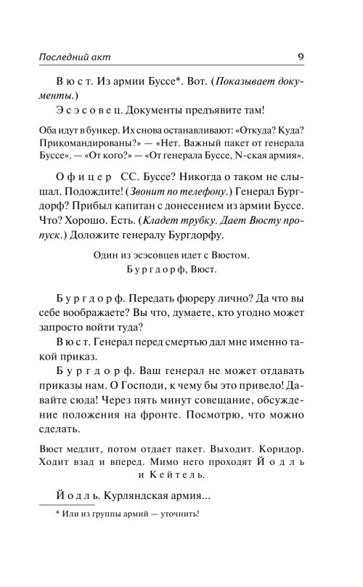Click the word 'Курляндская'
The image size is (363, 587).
(x=139, y=496)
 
